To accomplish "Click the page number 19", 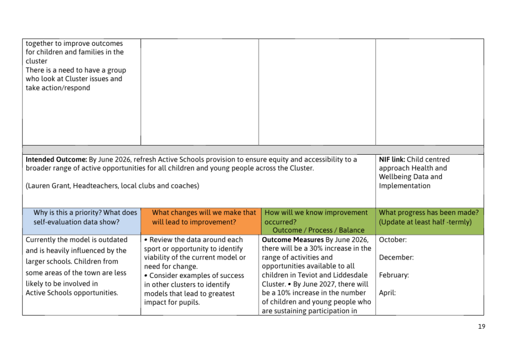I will tap(482, 327).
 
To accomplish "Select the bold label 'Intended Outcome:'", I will tap(56, 160).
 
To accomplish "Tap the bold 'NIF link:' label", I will tap(392, 160).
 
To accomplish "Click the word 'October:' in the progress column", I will tap(393, 240).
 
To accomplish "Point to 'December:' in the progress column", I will tap(396, 258).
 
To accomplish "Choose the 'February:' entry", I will tap(394, 275).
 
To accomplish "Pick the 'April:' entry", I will tap(387, 293).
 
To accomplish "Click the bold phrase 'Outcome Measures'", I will tap(292, 240).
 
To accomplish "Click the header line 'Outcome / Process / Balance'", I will tap(318, 230).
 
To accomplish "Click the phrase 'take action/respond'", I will tap(58, 88).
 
